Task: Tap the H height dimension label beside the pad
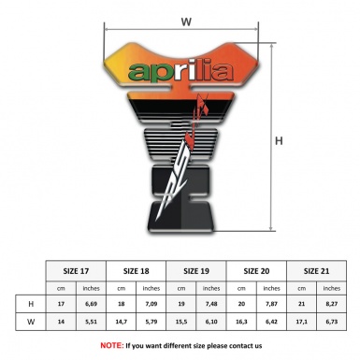(280, 142)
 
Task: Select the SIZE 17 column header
(77, 270)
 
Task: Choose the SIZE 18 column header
(137, 270)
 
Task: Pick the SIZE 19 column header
(196, 270)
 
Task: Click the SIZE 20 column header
(256, 270)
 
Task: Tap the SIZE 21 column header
(316, 270)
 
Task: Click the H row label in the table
(31, 304)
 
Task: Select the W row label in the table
(31, 322)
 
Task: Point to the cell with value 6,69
(92, 304)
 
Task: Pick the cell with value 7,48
(211, 304)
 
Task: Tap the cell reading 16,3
(241, 322)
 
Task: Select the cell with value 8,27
(331, 304)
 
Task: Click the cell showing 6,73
(331, 322)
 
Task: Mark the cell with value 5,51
(92, 322)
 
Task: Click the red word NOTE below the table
(112, 345)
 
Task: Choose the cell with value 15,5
(181, 322)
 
